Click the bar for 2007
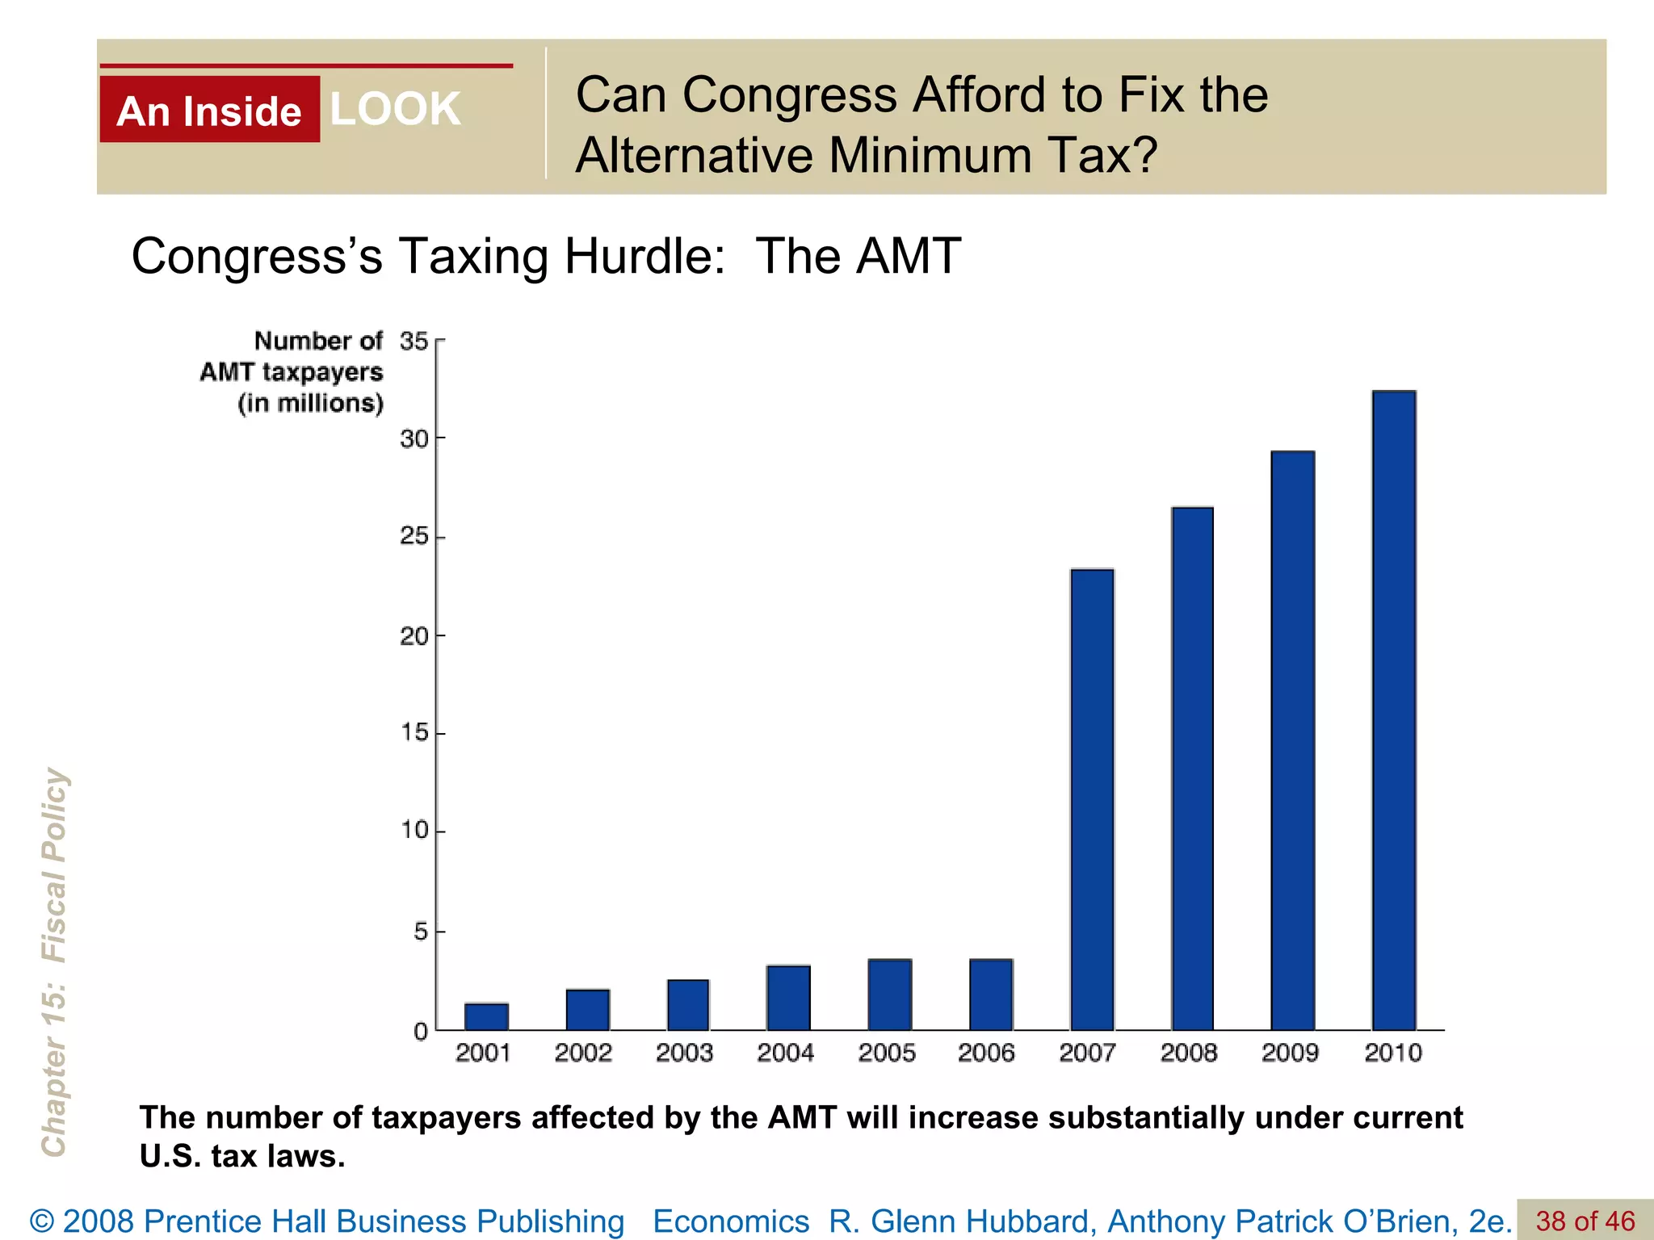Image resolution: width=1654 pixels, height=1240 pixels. [1092, 799]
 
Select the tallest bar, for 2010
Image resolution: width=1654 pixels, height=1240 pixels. [1394, 710]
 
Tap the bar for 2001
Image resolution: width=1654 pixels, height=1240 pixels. [486, 1016]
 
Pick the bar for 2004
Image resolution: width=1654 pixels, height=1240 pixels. [788, 998]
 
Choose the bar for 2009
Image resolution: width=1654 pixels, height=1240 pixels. [1292, 740]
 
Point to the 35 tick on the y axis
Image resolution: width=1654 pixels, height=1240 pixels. [414, 341]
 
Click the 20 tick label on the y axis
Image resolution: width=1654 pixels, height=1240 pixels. [414, 636]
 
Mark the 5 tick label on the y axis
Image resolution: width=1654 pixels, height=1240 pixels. [421, 932]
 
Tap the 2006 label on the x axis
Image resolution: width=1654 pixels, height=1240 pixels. [986, 1053]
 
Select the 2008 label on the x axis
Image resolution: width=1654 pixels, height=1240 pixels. [1189, 1053]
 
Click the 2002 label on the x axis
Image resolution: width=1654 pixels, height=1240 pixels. [583, 1053]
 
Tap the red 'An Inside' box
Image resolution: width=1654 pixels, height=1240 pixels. [209, 111]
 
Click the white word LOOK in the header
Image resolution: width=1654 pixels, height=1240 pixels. [395, 109]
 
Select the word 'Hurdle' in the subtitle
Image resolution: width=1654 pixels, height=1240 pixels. [644, 257]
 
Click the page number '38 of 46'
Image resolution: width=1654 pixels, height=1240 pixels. [1585, 1221]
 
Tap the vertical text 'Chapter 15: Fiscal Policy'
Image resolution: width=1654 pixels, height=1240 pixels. [55, 961]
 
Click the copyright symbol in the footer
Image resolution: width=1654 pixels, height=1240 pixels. [42, 1221]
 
